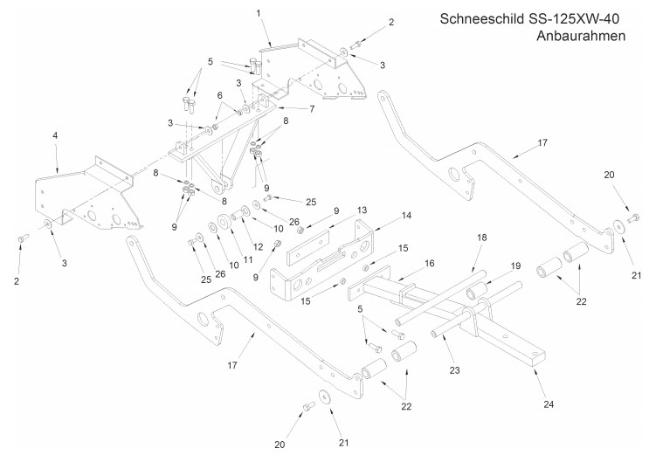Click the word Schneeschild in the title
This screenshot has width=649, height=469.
point(481,19)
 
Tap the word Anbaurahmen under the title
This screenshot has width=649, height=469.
point(581,36)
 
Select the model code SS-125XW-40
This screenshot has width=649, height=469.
point(574,19)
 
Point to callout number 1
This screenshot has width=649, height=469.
point(259,13)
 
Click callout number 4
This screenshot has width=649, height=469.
point(55,135)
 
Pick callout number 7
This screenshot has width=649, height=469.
point(312,109)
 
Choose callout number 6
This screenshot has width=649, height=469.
point(220,95)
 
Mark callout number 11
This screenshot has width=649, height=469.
point(248,259)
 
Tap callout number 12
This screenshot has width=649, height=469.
point(258,247)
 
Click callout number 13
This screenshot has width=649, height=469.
point(362,210)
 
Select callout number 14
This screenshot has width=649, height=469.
point(406,215)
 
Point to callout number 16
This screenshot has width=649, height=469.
point(429,263)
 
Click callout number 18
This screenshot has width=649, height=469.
point(482,238)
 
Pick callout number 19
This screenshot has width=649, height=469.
point(515,266)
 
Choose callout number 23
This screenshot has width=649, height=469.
point(454,370)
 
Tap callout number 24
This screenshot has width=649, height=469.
point(549,404)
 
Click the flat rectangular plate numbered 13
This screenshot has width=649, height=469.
point(308,247)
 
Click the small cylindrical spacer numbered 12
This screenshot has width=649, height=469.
point(239,215)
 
